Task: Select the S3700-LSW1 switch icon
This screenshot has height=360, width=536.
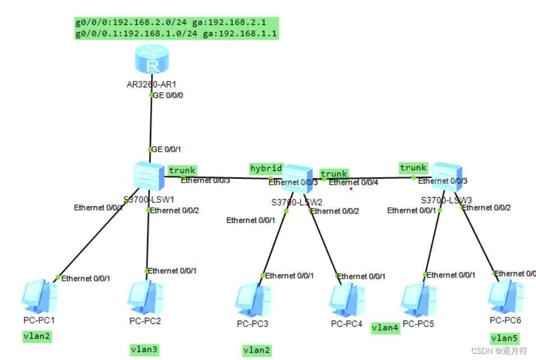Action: (x=149, y=176)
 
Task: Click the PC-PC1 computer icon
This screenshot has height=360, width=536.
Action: (x=39, y=297)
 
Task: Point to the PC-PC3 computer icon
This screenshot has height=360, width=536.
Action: (x=252, y=300)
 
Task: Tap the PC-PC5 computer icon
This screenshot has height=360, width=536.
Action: (x=419, y=299)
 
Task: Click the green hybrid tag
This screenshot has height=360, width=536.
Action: (x=266, y=168)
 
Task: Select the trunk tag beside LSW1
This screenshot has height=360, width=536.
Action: (x=182, y=170)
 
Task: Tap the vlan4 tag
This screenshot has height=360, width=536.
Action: (x=385, y=327)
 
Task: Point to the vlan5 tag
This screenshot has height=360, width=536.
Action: (x=505, y=338)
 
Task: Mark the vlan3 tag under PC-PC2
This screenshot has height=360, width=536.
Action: (x=144, y=349)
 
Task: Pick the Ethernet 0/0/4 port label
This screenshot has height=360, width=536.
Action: (x=353, y=183)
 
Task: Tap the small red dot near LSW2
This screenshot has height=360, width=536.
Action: (x=351, y=189)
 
